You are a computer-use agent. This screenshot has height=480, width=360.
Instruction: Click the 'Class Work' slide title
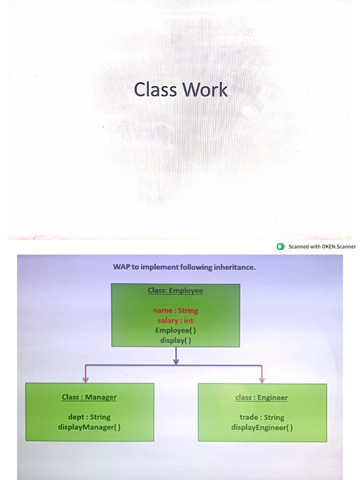click(180, 90)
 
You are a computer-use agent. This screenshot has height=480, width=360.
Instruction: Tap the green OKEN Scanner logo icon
click(280, 247)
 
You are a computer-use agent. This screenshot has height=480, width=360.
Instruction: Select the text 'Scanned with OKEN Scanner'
click(322, 247)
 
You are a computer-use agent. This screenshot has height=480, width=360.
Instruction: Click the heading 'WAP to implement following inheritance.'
click(184, 267)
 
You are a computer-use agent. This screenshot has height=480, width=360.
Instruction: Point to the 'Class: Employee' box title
click(175, 291)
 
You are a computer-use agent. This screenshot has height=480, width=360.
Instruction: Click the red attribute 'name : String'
click(175, 310)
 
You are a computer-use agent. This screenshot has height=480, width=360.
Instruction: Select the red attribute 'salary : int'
click(175, 321)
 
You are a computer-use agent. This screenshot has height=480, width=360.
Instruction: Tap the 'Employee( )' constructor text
click(175, 330)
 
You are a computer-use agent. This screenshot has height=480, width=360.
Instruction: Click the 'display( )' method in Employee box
click(175, 340)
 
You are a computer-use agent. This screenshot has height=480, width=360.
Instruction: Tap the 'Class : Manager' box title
click(89, 397)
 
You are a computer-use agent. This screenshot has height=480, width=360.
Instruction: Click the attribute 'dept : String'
click(89, 417)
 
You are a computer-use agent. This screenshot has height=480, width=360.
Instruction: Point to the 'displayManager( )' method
click(89, 427)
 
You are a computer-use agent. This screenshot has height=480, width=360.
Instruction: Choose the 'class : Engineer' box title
click(262, 397)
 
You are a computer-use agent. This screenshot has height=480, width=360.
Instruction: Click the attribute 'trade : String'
click(262, 417)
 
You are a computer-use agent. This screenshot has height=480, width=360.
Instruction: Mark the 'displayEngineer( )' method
click(262, 427)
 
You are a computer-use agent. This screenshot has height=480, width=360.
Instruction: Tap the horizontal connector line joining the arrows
click(216, 365)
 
